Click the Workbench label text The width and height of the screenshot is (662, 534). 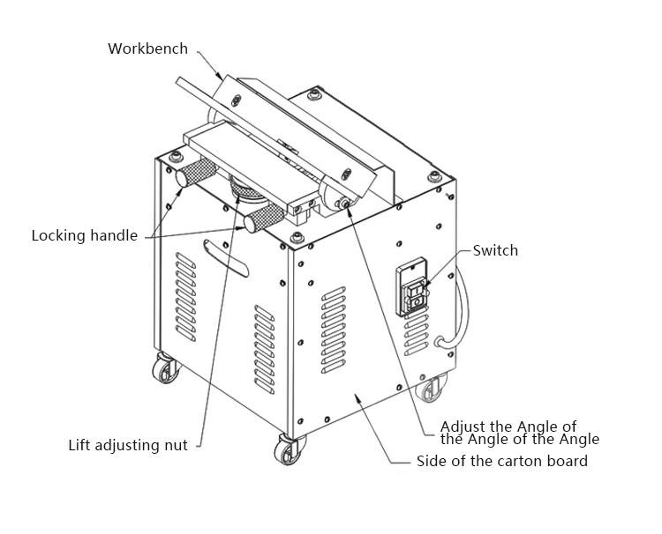click(147, 48)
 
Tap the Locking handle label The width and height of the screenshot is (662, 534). click(85, 236)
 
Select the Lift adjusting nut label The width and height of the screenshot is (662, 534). click(128, 445)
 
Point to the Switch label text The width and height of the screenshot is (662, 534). click(495, 251)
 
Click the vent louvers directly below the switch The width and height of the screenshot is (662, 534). click(416, 336)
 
